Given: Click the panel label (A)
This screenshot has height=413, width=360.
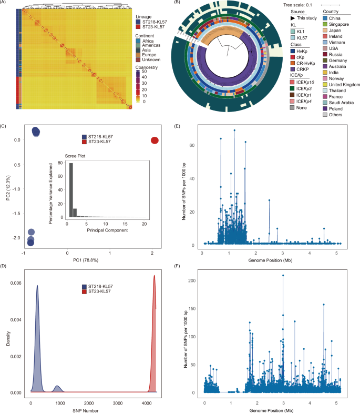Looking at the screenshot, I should pos(5,4).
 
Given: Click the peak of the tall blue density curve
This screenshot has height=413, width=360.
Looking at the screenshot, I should pos(37,286).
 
